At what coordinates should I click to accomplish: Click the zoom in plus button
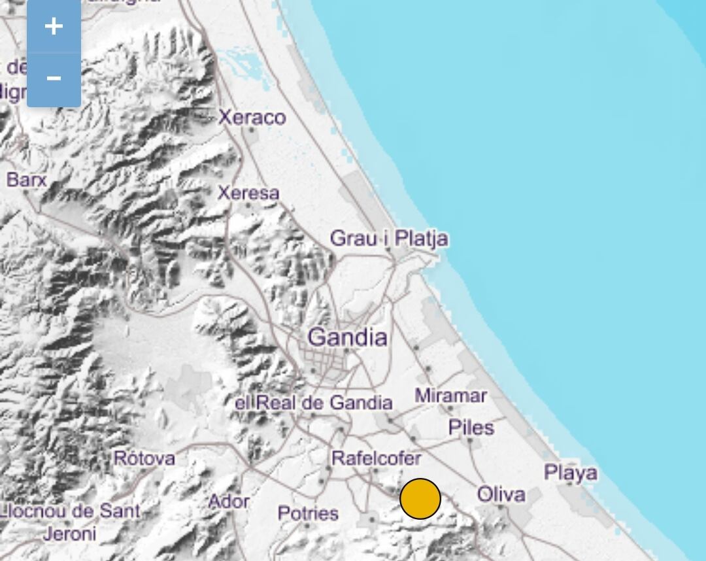click(54, 27)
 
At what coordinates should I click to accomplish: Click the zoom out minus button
click(54, 78)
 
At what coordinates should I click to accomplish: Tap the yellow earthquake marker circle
click(420, 498)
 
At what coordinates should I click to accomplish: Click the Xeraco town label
click(252, 118)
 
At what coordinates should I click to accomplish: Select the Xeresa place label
click(248, 193)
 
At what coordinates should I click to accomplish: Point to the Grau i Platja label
click(389, 238)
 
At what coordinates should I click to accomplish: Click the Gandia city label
click(347, 337)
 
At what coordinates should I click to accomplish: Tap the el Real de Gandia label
click(313, 403)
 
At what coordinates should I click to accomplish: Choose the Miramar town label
click(450, 396)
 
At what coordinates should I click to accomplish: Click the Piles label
click(471, 428)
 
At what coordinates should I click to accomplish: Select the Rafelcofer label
click(376, 458)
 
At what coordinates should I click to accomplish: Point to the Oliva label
click(501, 494)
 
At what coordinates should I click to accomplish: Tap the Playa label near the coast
click(571, 472)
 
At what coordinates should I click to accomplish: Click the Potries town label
click(308, 513)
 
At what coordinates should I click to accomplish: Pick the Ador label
click(228, 501)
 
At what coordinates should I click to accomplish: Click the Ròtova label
click(144, 458)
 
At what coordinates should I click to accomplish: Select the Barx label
click(26, 179)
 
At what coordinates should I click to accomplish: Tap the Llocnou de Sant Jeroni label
click(69, 522)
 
